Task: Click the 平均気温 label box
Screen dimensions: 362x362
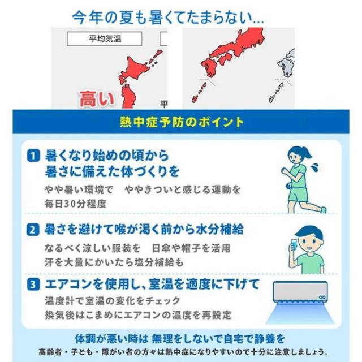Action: [104, 38]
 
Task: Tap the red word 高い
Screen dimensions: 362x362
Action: [97, 99]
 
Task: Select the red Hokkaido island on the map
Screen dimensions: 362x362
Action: [133, 68]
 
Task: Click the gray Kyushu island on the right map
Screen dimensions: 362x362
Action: [286, 66]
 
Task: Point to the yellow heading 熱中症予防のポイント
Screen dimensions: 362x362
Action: [182, 122]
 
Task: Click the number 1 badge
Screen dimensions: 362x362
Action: [33, 156]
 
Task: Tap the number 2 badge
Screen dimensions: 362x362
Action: [33, 230]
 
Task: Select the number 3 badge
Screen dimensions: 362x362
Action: [33, 284]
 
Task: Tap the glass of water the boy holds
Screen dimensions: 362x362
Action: [294, 244]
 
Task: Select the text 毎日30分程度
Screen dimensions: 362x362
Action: [75, 204]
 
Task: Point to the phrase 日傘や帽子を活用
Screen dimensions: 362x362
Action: [191, 248]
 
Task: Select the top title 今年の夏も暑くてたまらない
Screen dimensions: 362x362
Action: [168, 18]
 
